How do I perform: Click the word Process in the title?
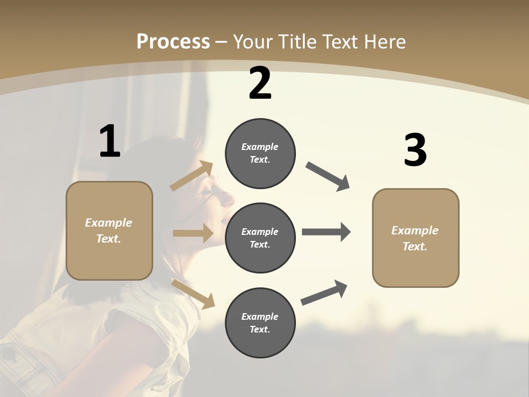[173, 42]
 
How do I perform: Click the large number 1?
[110, 142]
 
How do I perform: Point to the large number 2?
[260, 83]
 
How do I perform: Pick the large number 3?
[415, 151]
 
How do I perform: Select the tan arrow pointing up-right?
[192, 176]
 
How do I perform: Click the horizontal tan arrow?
[193, 233]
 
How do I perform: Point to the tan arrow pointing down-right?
[193, 294]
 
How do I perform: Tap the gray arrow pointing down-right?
[328, 176]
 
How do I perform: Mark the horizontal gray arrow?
[326, 232]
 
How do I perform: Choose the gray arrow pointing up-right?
[324, 293]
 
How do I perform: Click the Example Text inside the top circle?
[260, 153]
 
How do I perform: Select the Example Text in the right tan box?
[415, 238]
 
